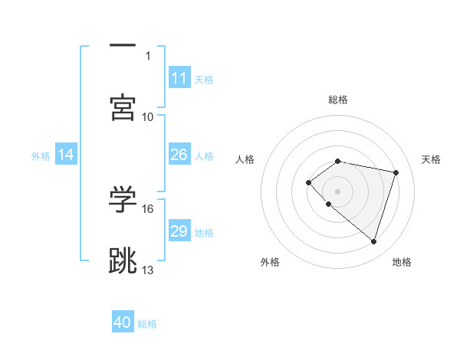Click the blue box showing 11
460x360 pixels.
(179, 78)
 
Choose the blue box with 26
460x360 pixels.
(179, 155)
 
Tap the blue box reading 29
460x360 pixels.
(179, 231)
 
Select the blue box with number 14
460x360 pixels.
(66, 155)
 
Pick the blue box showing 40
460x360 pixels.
(123, 322)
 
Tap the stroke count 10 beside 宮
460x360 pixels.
(148, 116)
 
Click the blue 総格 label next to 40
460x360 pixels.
(147, 324)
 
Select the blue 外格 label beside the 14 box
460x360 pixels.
(41, 156)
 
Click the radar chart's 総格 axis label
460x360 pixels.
(338, 100)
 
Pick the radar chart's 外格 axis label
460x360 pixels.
(269, 263)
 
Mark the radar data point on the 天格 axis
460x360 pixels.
(396, 172)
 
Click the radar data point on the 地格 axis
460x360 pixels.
(373, 241)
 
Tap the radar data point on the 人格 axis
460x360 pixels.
(308, 182)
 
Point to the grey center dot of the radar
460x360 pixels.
(338, 191)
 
